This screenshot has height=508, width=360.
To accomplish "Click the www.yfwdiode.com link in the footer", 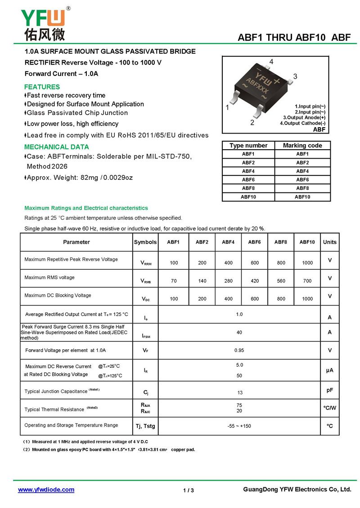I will pos(46,490).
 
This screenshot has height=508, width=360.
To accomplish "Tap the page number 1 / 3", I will pos(189,490).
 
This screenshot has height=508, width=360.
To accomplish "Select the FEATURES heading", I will pos(42,87).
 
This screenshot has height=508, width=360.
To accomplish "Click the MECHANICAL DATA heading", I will pos(57,147).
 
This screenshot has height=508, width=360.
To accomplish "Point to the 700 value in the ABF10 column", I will pos(307,281).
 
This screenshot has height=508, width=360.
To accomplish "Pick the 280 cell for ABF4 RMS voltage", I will pos(228,281).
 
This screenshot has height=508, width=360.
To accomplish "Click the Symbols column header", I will pos(145,242).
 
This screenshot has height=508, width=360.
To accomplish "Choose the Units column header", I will pos(329,242).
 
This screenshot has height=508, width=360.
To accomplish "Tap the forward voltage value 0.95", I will pos(239,350).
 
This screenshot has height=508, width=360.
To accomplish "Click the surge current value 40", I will pos(239,332).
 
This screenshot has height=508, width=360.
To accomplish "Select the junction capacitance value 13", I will pos(239,392).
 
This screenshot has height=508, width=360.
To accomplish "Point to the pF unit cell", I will pos(329,390).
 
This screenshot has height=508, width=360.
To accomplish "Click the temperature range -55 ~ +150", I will pos(239,426).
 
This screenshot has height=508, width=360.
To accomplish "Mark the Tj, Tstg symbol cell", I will pos(145,426).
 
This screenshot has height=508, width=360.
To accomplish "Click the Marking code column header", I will pos(302,145).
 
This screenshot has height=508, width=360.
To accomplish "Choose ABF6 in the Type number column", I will pos(248,179).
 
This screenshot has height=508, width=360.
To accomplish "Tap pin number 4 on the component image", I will pos(271,61).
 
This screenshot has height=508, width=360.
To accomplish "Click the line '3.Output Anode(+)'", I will pos(304,117).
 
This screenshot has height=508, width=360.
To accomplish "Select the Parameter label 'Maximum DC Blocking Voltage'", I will pos(58,295).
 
